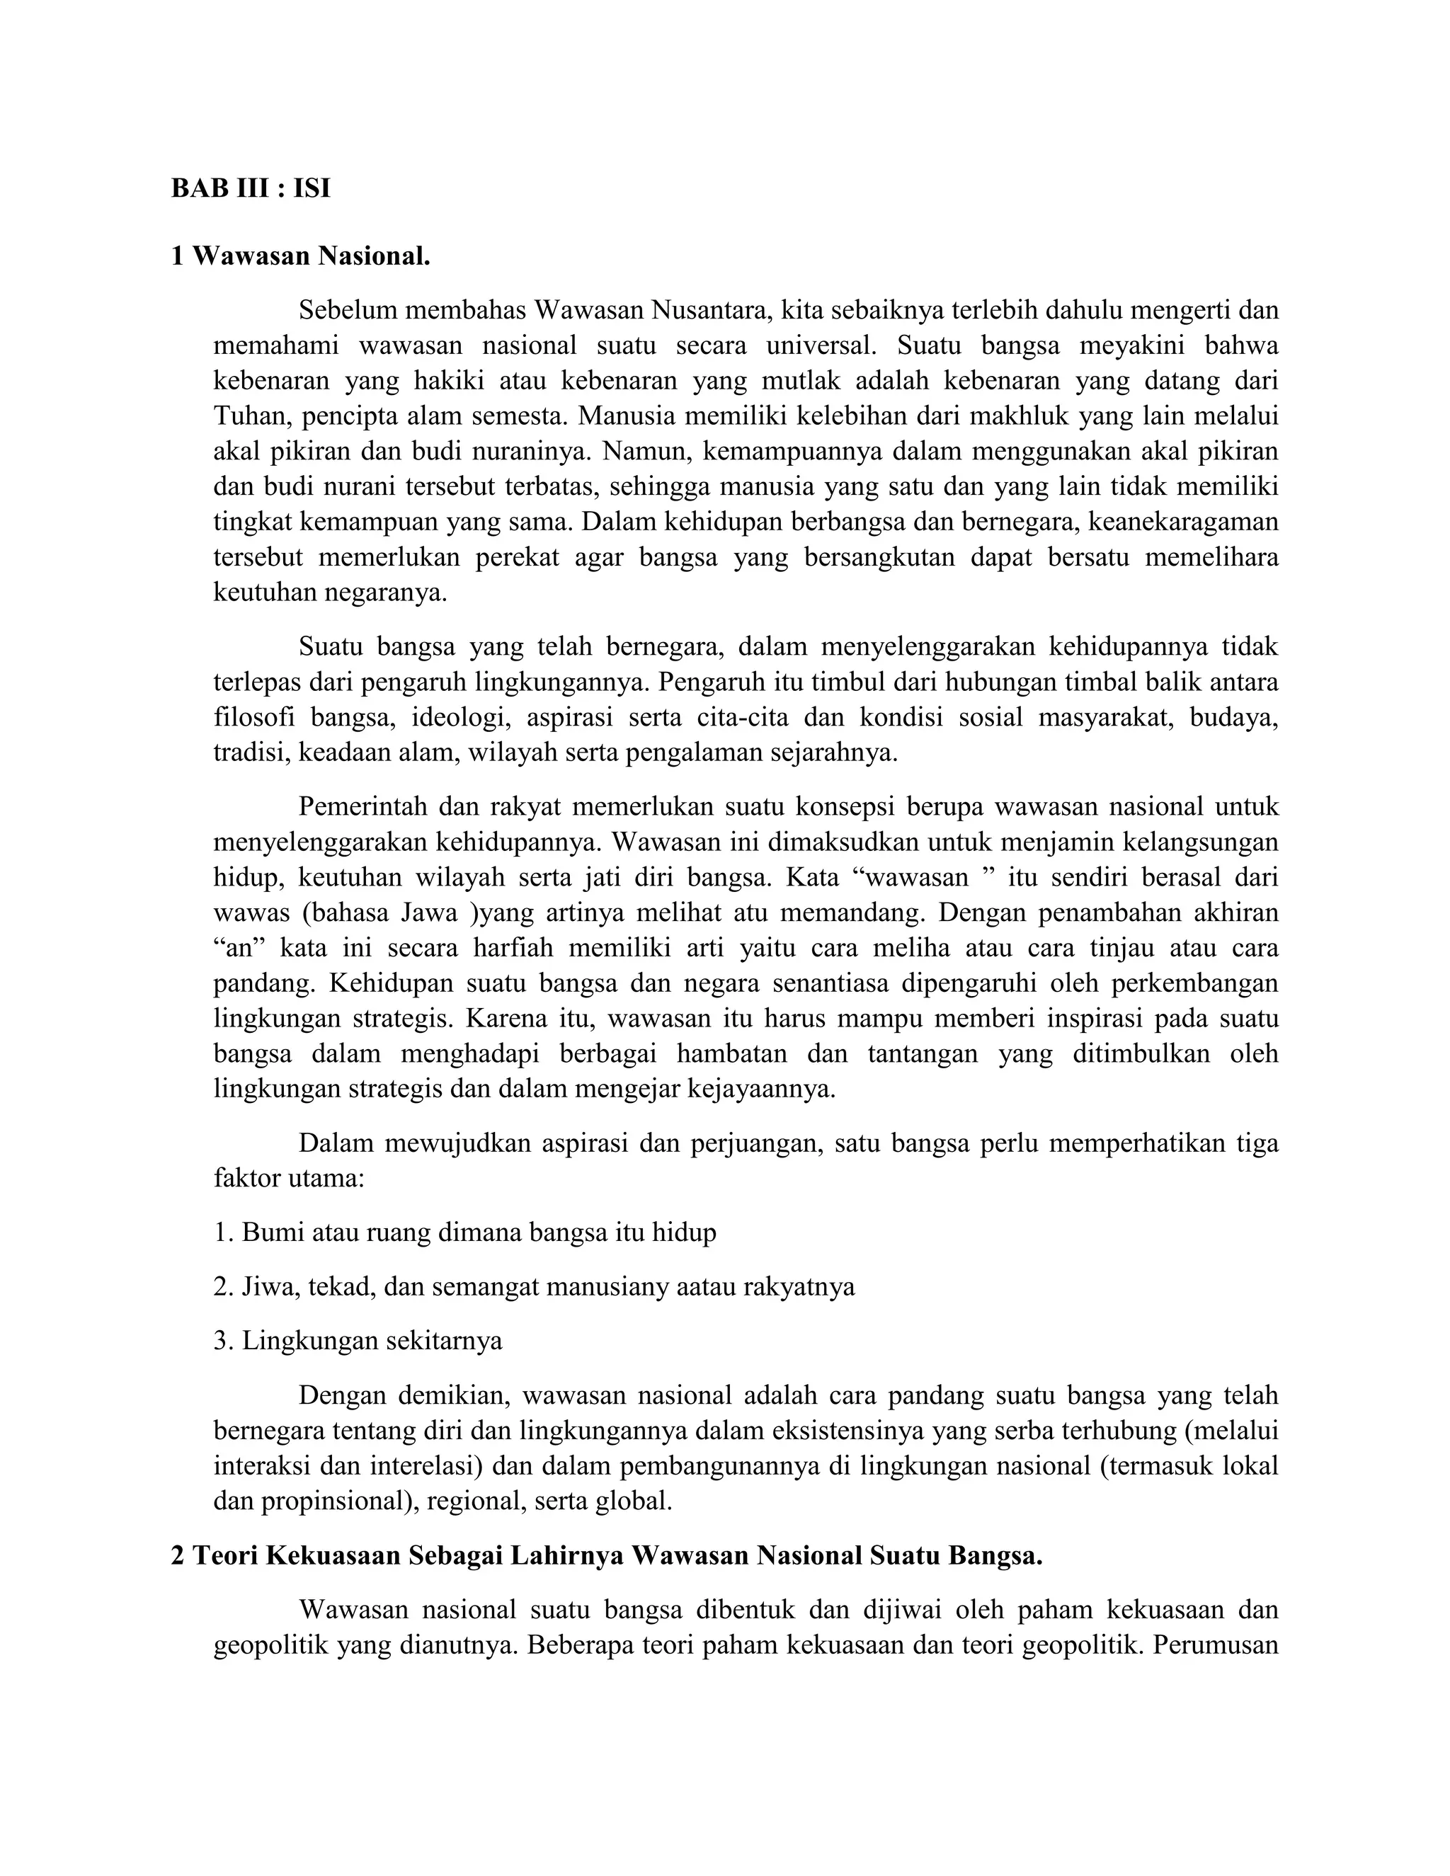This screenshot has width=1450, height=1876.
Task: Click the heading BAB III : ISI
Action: [x=250, y=188]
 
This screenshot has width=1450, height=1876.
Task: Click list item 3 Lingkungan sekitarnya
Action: [x=358, y=1341]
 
